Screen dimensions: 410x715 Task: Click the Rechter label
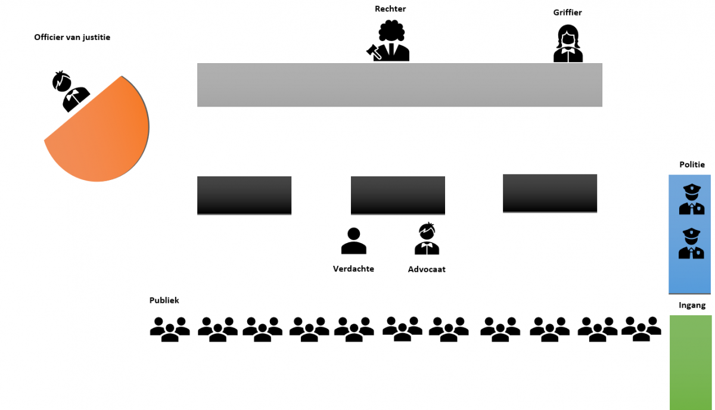point(390,8)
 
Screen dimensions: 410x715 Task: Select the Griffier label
point(567,12)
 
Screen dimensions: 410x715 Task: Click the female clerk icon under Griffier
point(568,44)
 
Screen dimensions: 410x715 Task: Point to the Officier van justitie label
point(72,37)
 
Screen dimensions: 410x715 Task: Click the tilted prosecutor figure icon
point(70,91)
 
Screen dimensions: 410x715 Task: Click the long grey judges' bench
point(399,85)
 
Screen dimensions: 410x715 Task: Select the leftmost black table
point(244,195)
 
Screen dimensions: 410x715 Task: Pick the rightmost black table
point(549,193)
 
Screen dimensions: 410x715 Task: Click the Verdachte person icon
point(353,241)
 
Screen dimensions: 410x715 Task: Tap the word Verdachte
point(353,269)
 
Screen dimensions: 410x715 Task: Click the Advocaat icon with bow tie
point(427,239)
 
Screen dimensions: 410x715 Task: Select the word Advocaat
point(427,269)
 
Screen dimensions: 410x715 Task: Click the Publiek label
point(164,300)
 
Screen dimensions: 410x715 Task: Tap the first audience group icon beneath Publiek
point(170,329)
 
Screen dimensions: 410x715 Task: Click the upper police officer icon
point(691,200)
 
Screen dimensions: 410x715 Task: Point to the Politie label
point(692,164)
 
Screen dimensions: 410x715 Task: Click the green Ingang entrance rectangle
point(691,362)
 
